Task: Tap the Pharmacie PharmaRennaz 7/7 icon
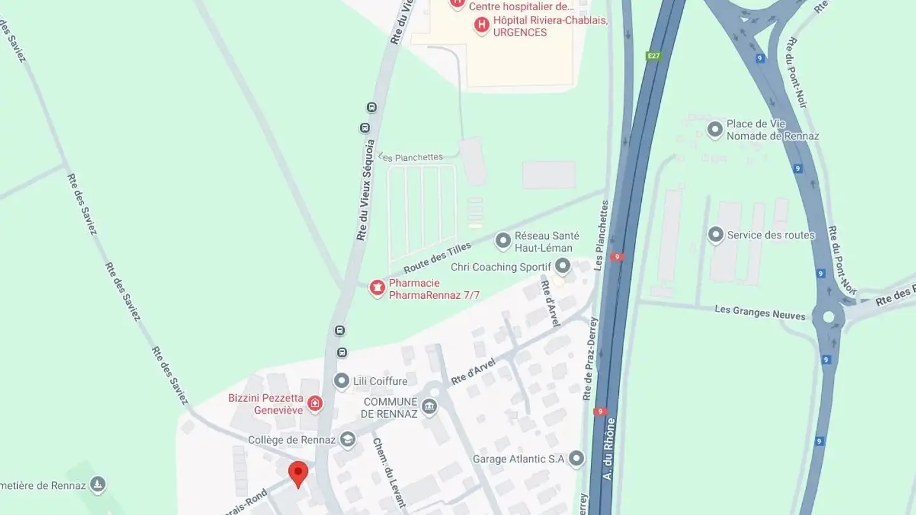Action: coord(378,289)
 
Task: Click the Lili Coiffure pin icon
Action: coord(342,381)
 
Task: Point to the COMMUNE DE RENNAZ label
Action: coord(389,408)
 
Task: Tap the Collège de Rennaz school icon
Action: coord(347,439)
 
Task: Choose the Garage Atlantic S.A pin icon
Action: coord(576,458)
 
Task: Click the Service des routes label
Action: coord(770,235)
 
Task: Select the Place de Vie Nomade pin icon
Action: coord(715,130)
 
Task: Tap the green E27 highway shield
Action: coord(653,56)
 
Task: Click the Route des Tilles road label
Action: coord(437,257)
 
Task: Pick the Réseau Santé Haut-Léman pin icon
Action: coord(503,241)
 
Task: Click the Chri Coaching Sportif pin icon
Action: coord(562,266)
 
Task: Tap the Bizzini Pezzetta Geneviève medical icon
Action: coord(314,403)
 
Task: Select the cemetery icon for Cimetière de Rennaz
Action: coord(97,485)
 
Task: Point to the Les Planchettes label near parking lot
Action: coord(411,157)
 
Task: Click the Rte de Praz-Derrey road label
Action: coord(590,359)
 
